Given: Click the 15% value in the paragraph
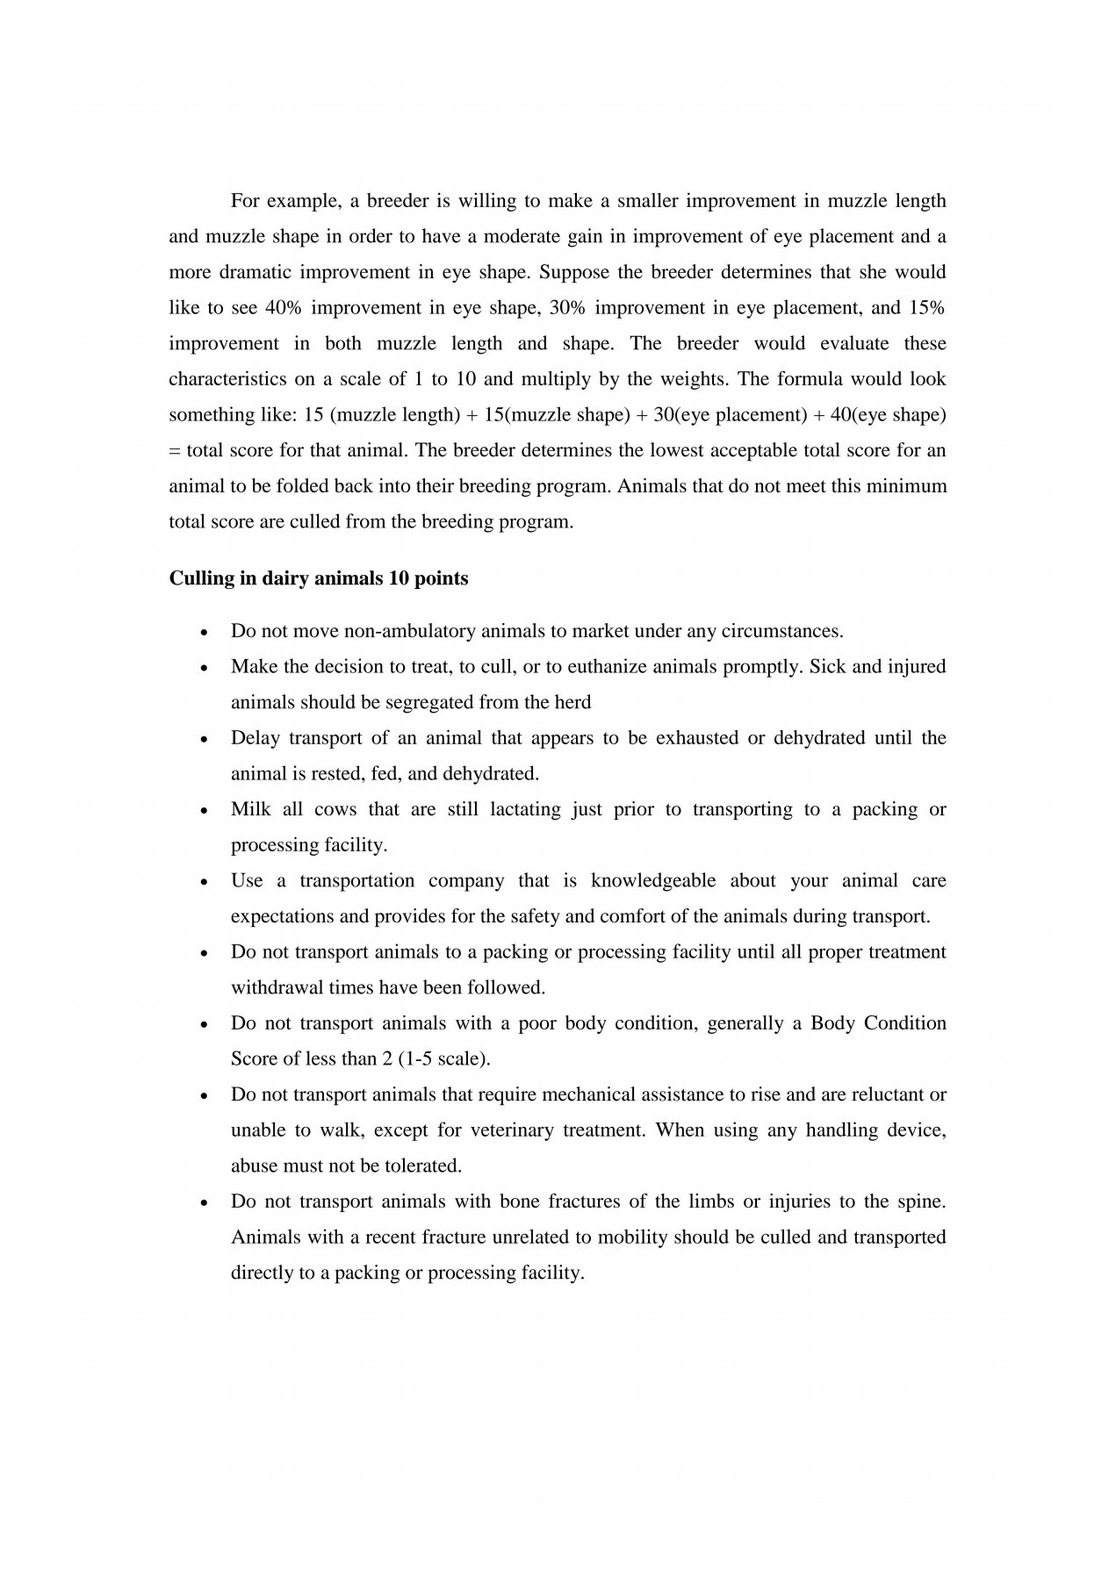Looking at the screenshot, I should click(x=927, y=308).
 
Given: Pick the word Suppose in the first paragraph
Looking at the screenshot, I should click(x=573, y=272).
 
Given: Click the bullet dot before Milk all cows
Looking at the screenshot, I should click(x=204, y=811).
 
